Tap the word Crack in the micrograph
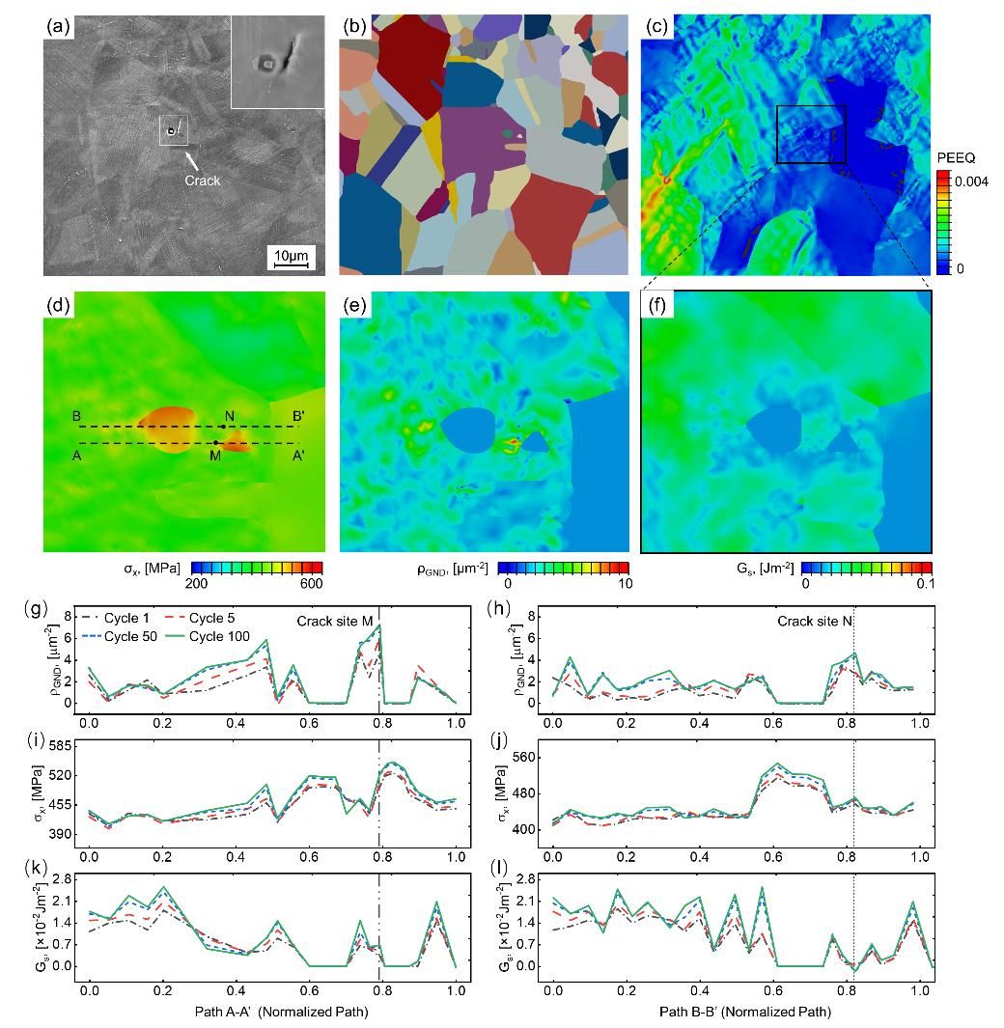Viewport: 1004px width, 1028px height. tap(204, 180)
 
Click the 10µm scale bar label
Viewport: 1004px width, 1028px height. tap(290, 254)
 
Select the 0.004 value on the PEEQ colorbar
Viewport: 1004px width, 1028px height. tap(971, 181)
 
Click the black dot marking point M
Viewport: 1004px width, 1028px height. tap(216, 443)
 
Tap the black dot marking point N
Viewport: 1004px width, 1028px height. tap(223, 426)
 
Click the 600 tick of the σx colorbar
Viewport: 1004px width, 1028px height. tap(310, 584)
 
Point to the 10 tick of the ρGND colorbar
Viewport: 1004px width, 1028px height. tap(624, 584)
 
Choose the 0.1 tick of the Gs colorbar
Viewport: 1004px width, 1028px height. tap(924, 584)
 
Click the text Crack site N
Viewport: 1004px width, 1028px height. tap(814, 622)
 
